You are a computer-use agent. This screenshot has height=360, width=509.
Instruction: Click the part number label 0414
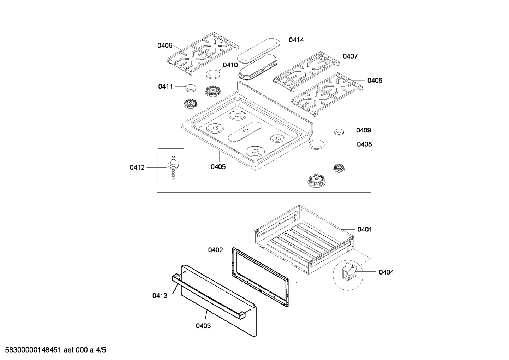coord(296,40)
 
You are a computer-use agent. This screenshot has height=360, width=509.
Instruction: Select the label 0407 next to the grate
coord(350,56)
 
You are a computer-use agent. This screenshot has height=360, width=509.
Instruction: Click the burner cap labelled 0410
coord(213,75)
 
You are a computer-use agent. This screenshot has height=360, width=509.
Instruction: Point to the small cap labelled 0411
coord(191,88)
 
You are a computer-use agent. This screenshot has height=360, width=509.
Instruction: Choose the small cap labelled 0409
coord(339,132)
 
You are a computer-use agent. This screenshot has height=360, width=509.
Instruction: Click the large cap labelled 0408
coord(316,144)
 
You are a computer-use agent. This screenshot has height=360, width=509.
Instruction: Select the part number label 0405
coord(218,167)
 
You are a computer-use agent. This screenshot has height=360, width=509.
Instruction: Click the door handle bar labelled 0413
coord(208,295)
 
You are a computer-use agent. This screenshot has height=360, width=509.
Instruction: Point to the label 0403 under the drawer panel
coord(203,326)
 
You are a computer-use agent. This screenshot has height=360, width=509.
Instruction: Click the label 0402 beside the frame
coord(215,250)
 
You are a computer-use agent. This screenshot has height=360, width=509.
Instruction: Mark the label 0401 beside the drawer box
coord(364,229)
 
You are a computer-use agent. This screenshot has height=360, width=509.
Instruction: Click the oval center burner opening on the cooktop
coord(246,131)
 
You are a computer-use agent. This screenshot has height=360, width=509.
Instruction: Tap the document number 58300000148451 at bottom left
coord(31,350)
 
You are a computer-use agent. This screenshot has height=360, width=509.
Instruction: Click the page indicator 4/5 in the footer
coord(101,350)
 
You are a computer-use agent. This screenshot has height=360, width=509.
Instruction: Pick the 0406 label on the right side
coord(375,80)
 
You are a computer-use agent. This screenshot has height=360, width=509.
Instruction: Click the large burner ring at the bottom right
coord(317,181)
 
